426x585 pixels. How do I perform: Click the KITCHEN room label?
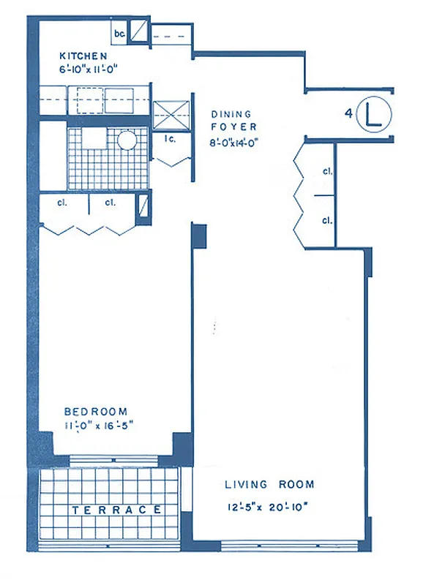point(84,56)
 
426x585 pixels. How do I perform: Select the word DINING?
point(231,114)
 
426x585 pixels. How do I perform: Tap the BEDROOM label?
point(95,411)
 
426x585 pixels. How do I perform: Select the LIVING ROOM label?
point(269,484)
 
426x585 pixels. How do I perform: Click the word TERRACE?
point(116,510)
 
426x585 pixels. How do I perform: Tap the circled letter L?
point(375,115)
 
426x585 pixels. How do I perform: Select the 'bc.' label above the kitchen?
point(119,34)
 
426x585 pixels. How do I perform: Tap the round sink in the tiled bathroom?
point(127,140)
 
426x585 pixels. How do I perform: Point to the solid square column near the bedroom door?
point(199,236)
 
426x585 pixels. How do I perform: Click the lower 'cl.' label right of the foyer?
point(326,220)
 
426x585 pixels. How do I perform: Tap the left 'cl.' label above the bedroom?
point(64,203)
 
